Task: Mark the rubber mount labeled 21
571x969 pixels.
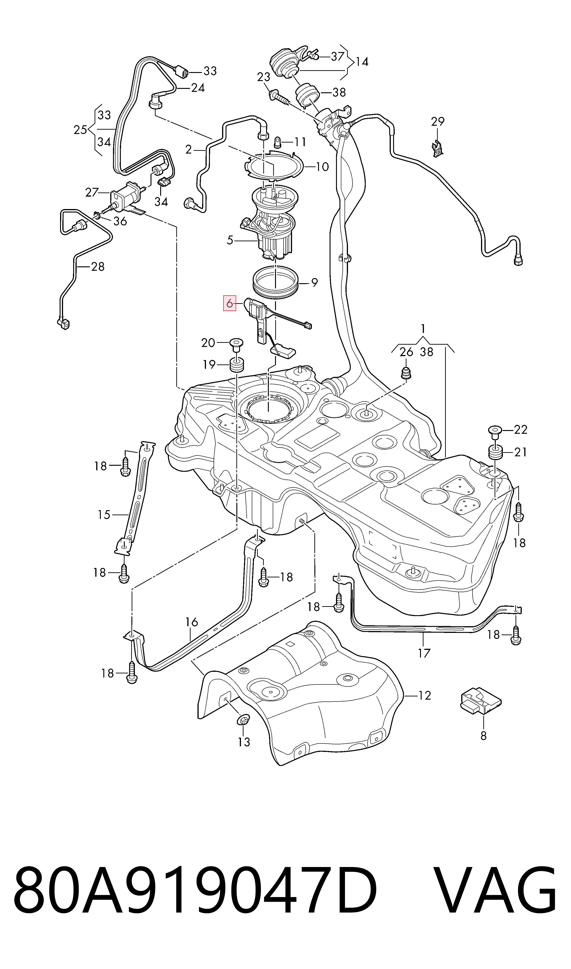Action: tap(495, 452)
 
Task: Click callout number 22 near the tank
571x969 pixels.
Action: tap(521, 429)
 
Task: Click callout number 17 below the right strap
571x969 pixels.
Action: tap(424, 653)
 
